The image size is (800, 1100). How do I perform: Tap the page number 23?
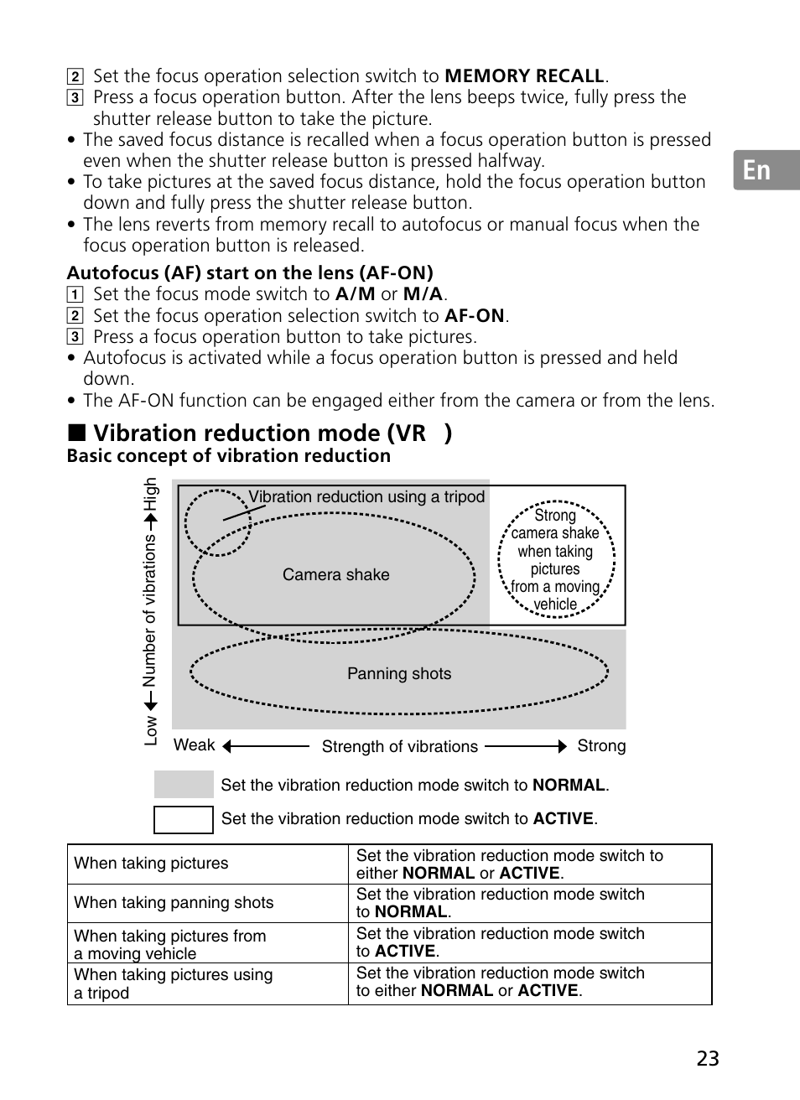pos(707,1058)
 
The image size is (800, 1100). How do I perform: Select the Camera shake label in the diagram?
pos(335,575)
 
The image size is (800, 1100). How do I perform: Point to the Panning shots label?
pos(399,674)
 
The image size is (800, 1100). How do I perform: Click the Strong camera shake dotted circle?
pos(555,559)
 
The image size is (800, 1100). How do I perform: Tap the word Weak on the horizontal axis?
pos(194,745)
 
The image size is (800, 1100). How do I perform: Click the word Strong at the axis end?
pos(601,746)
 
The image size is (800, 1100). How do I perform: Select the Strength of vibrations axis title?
pos(399,747)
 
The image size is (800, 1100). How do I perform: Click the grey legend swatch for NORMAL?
pos(184,785)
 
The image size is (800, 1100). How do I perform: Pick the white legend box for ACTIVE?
pos(184,819)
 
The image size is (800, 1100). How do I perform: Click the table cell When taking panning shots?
pos(174,903)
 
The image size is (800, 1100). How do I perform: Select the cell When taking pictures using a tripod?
pos(174,983)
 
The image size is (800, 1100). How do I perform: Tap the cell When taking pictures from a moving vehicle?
pos(170,944)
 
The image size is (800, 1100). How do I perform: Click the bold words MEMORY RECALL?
pos(524,76)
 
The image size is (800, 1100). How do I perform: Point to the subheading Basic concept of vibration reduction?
pos(229,456)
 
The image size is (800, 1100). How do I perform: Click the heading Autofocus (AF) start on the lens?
pos(250,272)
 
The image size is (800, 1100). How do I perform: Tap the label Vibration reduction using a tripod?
pos(366,497)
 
